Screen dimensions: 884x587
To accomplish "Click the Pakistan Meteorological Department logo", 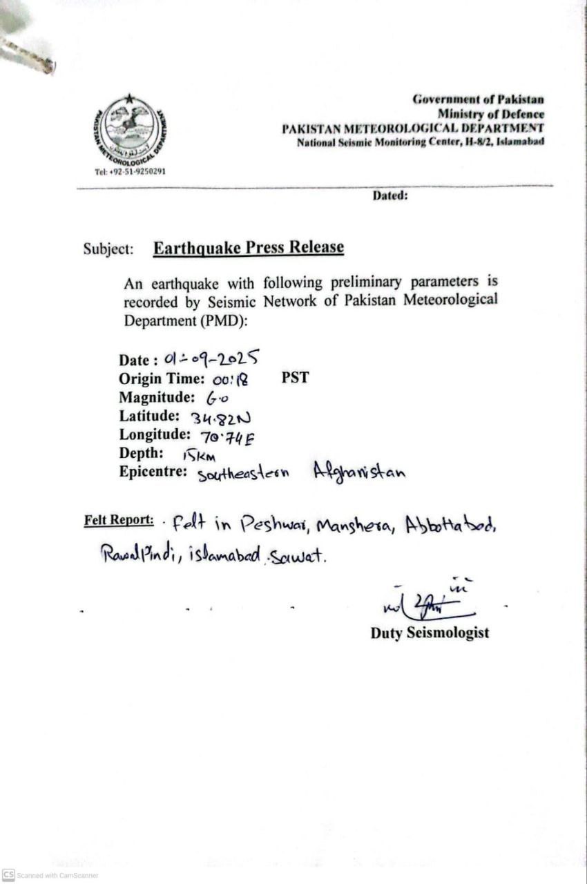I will [x=131, y=130].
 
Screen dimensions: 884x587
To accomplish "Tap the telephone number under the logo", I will [x=131, y=171].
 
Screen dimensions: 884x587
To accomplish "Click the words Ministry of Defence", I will [x=490, y=114].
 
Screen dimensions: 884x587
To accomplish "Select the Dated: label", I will [x=390, y=195].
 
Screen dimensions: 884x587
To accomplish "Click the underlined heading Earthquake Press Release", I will [x=249, y=248].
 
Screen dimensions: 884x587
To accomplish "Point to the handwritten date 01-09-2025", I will [x=212, y=357].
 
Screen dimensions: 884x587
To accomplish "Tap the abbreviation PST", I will [x=295, y=378].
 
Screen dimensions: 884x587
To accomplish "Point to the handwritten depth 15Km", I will [x=199, y=455].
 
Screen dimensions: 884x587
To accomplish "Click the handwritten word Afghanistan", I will [x=359, y=472].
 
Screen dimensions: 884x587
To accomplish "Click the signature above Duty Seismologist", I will [x=427, y=604].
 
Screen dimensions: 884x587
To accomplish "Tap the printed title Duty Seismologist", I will [x=430, y=633].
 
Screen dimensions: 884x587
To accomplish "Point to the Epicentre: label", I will [x=153, y=472].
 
